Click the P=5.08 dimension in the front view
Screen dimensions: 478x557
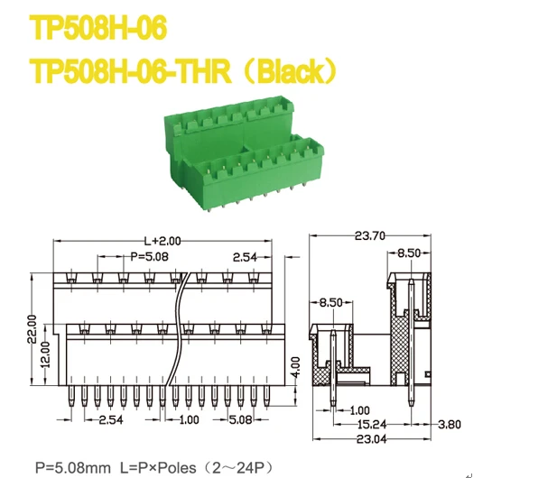pos(149,257)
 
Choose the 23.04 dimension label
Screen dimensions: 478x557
pos(371,440)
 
